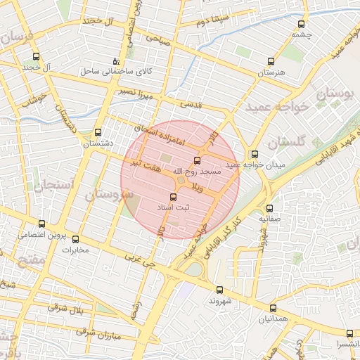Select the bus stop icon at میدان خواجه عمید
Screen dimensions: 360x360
[254, 154]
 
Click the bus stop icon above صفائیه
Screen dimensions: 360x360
[269, 208]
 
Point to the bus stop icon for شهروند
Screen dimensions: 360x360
[219, 289]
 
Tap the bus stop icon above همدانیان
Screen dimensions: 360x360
[273, 308]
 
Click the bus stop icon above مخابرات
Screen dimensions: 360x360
[76, 239]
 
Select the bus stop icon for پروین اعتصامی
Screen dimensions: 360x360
[42, 224]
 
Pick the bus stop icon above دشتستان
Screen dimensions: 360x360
[98, 132]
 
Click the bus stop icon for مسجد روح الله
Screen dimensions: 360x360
[196, 160]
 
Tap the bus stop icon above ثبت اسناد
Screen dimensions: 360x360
[174, 197]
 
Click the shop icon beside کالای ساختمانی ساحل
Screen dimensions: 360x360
[117, 61]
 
